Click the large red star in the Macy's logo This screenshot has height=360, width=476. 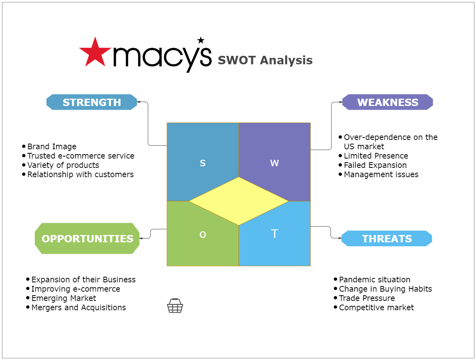[95, 53]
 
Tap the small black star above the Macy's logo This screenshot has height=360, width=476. [201, 40]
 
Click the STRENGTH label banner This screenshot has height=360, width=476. [92, 102]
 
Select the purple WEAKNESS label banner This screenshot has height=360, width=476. [388, 102]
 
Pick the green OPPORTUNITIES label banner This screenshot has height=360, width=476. [87, 239]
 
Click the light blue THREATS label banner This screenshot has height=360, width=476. [387, 239]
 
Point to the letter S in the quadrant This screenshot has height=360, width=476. [203, 163]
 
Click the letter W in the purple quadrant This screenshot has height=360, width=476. [274, 163]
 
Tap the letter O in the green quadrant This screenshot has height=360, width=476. [203, 234]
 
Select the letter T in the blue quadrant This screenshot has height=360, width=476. [274, 234]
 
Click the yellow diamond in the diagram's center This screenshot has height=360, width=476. [239, 201]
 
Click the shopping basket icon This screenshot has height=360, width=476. [175, 306]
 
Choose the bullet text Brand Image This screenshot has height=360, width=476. [52, 146]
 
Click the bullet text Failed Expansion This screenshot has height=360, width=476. [375, 165]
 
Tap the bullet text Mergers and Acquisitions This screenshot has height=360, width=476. [78, 307]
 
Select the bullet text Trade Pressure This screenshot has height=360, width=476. [367, 298]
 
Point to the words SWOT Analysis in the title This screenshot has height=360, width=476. [265, 60]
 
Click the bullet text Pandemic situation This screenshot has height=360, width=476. [375, 280]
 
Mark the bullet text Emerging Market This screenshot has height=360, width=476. [63, 298]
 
